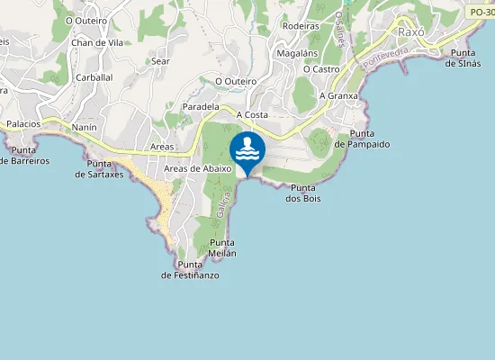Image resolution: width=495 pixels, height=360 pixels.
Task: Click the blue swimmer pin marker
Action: tap(247, 149)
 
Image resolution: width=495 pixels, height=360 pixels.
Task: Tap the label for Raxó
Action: tap(410, 31)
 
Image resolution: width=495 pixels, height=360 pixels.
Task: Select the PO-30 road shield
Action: tap(481, 12)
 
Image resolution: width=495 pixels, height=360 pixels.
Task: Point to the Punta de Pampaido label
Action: tap(362, 138)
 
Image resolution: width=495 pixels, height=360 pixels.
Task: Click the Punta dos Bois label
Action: tap(304, 193)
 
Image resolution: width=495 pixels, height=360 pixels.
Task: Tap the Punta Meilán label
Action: tap(223, 247)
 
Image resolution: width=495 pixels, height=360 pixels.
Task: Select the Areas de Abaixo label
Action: tap(198, 168)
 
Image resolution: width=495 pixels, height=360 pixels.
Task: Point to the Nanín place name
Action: tap(84, 128)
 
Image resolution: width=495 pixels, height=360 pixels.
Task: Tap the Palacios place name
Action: tap(24, 124)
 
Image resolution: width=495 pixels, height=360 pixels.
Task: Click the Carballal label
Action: tap(94, 77)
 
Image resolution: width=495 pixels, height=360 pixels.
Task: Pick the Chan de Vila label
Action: tap(97, 42)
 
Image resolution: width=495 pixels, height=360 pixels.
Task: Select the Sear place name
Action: tap(161, 61)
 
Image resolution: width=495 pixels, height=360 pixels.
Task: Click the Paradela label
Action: tap(201, 106)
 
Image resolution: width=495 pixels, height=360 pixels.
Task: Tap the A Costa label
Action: tap(252, 115)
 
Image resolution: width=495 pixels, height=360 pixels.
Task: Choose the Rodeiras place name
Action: tap(301, 26)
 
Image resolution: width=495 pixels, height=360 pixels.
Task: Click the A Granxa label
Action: tap(338, 95)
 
